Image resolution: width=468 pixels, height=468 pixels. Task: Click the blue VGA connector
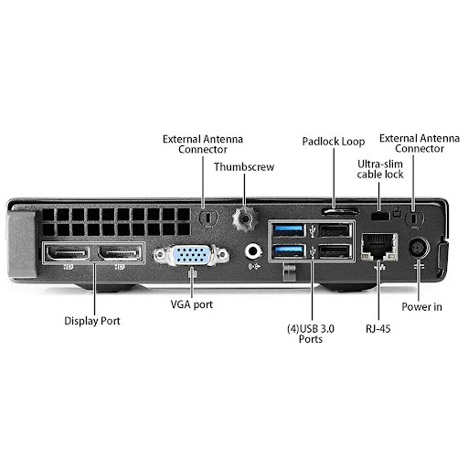tap(191, 255)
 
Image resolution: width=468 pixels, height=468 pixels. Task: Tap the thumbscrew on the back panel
tap(245, 218)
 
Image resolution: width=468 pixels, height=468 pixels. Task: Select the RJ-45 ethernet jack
tap(379, 247)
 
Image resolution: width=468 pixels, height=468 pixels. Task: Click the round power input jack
tap(419, 248)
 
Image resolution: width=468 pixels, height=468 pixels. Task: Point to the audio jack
tap(253, 251)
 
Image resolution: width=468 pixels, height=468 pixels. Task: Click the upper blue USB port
tap(288, 230)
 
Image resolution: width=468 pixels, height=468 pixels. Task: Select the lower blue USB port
tap(288, 251)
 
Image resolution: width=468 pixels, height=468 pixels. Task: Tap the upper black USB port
tap(335, 230)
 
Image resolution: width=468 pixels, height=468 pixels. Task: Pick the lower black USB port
tap(335, 251)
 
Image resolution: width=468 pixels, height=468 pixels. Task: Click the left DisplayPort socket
tap(68, 253)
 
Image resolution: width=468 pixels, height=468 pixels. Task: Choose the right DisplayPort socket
tap(120, 253)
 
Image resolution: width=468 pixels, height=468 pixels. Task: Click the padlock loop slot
tap(340, 211)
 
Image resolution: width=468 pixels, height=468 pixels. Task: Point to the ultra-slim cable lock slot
tap(380, 216)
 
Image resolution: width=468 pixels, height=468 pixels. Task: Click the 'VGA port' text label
tap(192, 304)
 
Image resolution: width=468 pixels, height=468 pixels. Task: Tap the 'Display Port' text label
tap(92, 321)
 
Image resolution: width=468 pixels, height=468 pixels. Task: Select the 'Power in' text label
tap(421, 307)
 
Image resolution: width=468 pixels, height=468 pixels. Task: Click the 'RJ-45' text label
tap(378, 329)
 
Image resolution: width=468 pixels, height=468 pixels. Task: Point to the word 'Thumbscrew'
tap(244, 167)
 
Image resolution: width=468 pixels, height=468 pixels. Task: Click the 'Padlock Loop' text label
tap(334, 142)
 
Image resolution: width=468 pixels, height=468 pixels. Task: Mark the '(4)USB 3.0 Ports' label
tap(311, 334)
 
